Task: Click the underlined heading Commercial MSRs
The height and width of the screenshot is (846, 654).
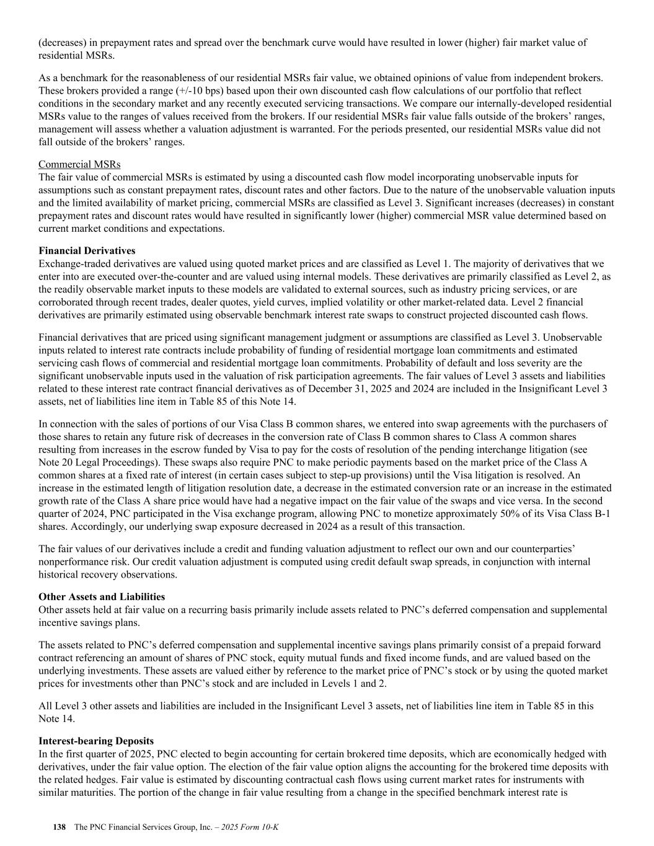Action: tap(79, 164)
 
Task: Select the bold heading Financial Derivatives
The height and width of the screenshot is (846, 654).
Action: tap(87, 251)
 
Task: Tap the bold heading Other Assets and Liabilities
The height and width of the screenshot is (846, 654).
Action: tap(102, 597)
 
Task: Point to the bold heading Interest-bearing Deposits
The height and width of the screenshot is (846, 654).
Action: tap(96, 741)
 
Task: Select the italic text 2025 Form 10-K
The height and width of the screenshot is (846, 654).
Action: tap(249, 827)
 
